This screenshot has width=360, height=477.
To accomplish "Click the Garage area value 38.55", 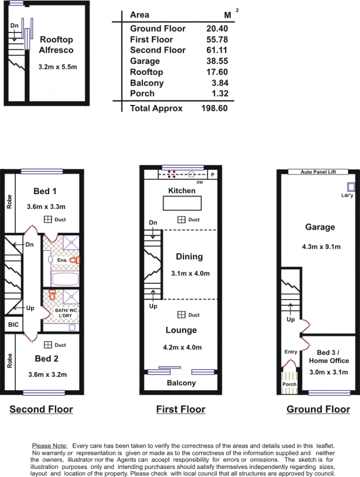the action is [217, 61].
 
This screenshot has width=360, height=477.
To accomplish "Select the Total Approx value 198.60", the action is [215, 108].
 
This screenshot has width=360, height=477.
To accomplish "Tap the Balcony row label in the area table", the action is [147, 83].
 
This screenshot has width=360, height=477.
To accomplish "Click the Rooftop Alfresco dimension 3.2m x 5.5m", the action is [58, 67].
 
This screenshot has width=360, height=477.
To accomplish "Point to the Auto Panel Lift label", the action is [318, 172].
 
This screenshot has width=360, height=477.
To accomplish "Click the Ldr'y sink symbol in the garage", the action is [351, 187].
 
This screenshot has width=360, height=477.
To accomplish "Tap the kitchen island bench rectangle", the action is [182, 203].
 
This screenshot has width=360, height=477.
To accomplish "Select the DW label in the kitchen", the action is [200, 182].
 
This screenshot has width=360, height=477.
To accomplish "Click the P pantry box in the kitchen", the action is [212, 175].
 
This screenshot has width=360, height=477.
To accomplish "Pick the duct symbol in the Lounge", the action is [181, 315].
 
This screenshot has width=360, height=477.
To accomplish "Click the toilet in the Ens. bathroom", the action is [74, 260].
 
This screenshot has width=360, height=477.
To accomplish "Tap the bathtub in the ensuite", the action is [65, 279].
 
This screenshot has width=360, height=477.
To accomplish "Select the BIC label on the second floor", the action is [13, 325].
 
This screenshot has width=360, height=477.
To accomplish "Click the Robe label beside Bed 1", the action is [9, 202].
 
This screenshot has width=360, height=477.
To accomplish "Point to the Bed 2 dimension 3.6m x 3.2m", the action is [48, 374].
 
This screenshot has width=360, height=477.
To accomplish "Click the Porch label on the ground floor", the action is [289, 384].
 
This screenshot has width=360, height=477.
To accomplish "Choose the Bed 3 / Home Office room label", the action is [329, 357].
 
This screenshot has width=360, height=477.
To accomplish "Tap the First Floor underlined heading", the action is [181, 409].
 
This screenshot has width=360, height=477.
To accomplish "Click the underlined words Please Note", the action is [50, 446].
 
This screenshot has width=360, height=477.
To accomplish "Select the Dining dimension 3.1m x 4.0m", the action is [190, 273].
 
